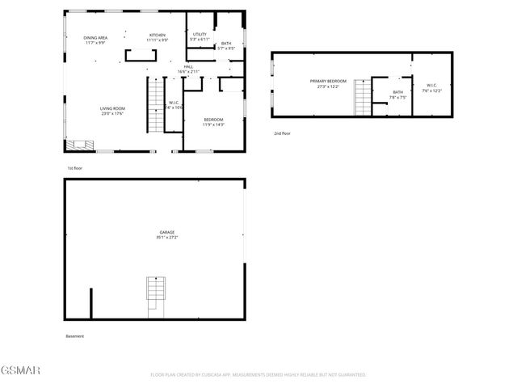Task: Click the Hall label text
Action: (188, 69)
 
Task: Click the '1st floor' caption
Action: (75, 167)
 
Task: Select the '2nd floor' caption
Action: (282, 133)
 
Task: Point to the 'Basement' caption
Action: (74, 336)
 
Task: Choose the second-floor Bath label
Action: (397, 95)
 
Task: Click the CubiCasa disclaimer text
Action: (258, 374)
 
